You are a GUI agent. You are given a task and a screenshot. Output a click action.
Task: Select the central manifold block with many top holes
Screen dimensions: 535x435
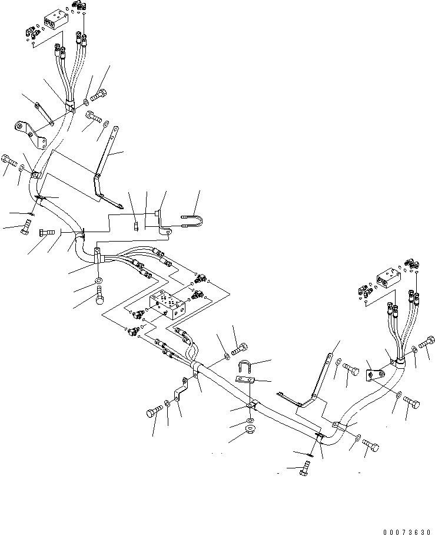(168, 305)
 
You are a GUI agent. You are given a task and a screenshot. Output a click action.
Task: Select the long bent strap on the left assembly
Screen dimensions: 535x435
(106, 162)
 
